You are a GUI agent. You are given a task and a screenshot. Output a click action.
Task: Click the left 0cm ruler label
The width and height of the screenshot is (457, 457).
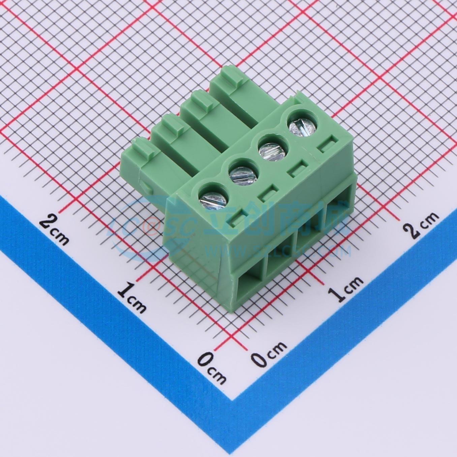click(211, 367)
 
